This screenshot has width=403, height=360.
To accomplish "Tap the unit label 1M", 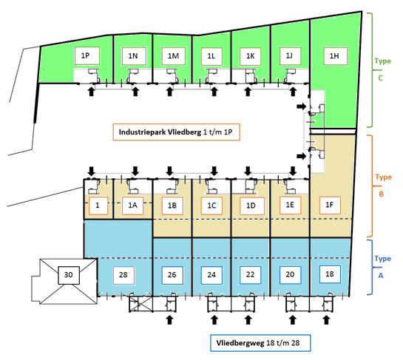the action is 174,56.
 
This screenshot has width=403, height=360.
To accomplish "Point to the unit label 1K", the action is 251,56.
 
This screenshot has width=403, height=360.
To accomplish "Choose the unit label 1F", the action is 330,205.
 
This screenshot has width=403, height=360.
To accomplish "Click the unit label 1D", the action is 251,206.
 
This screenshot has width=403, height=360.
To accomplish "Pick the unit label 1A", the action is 132,206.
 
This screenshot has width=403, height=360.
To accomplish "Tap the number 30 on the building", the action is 69,275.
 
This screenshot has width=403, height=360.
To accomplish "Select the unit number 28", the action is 123,275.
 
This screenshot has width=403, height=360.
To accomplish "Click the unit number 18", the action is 330,274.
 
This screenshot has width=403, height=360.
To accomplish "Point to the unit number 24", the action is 211,275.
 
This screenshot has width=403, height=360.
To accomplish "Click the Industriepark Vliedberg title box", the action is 176,132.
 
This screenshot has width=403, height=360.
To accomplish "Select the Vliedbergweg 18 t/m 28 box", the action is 260,343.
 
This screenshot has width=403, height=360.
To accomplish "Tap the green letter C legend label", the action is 381,78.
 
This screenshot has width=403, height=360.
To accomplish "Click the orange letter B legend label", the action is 381,194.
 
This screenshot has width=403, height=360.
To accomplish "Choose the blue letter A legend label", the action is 381,276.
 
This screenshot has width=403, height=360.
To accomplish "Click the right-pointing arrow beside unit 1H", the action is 302,106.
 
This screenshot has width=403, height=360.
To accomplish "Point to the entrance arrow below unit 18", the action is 326,320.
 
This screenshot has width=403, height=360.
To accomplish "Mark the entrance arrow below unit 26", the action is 169,320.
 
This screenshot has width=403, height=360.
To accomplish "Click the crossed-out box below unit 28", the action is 140,305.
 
